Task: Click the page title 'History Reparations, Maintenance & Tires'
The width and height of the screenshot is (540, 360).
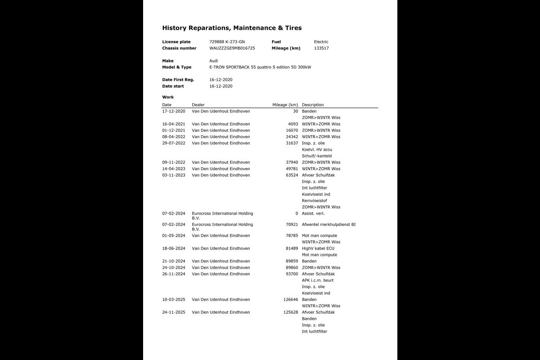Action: click(232, 28)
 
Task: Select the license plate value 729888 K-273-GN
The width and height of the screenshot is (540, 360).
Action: click(227, 42)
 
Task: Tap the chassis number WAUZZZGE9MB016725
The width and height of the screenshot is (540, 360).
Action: click(232, 48)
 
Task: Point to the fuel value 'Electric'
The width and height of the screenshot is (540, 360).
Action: click(321, 42)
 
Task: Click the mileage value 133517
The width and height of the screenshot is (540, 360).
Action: click(321, 48)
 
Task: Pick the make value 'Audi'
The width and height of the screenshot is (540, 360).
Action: click(214, 61)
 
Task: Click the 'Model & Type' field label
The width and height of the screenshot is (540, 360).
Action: click(176, 67)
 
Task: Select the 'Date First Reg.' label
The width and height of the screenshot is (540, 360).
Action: click(178, 80)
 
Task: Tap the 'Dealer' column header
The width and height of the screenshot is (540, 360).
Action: click(198, 105)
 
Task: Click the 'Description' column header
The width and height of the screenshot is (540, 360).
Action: click(313, 105)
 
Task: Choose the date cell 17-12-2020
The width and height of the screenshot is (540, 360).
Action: click(174, 111)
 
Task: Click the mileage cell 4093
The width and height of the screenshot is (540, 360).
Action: click(293, 124)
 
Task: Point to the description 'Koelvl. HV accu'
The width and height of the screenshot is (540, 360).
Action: click(317, 149)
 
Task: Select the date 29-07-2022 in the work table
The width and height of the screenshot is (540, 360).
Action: click(174, 143)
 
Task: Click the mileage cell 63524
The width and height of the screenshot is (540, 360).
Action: click(292, 175)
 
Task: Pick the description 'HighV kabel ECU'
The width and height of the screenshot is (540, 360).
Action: click(318, 248)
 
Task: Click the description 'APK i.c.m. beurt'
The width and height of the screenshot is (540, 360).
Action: click(318, 280)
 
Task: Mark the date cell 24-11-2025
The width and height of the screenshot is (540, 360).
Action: click(174, 312)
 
